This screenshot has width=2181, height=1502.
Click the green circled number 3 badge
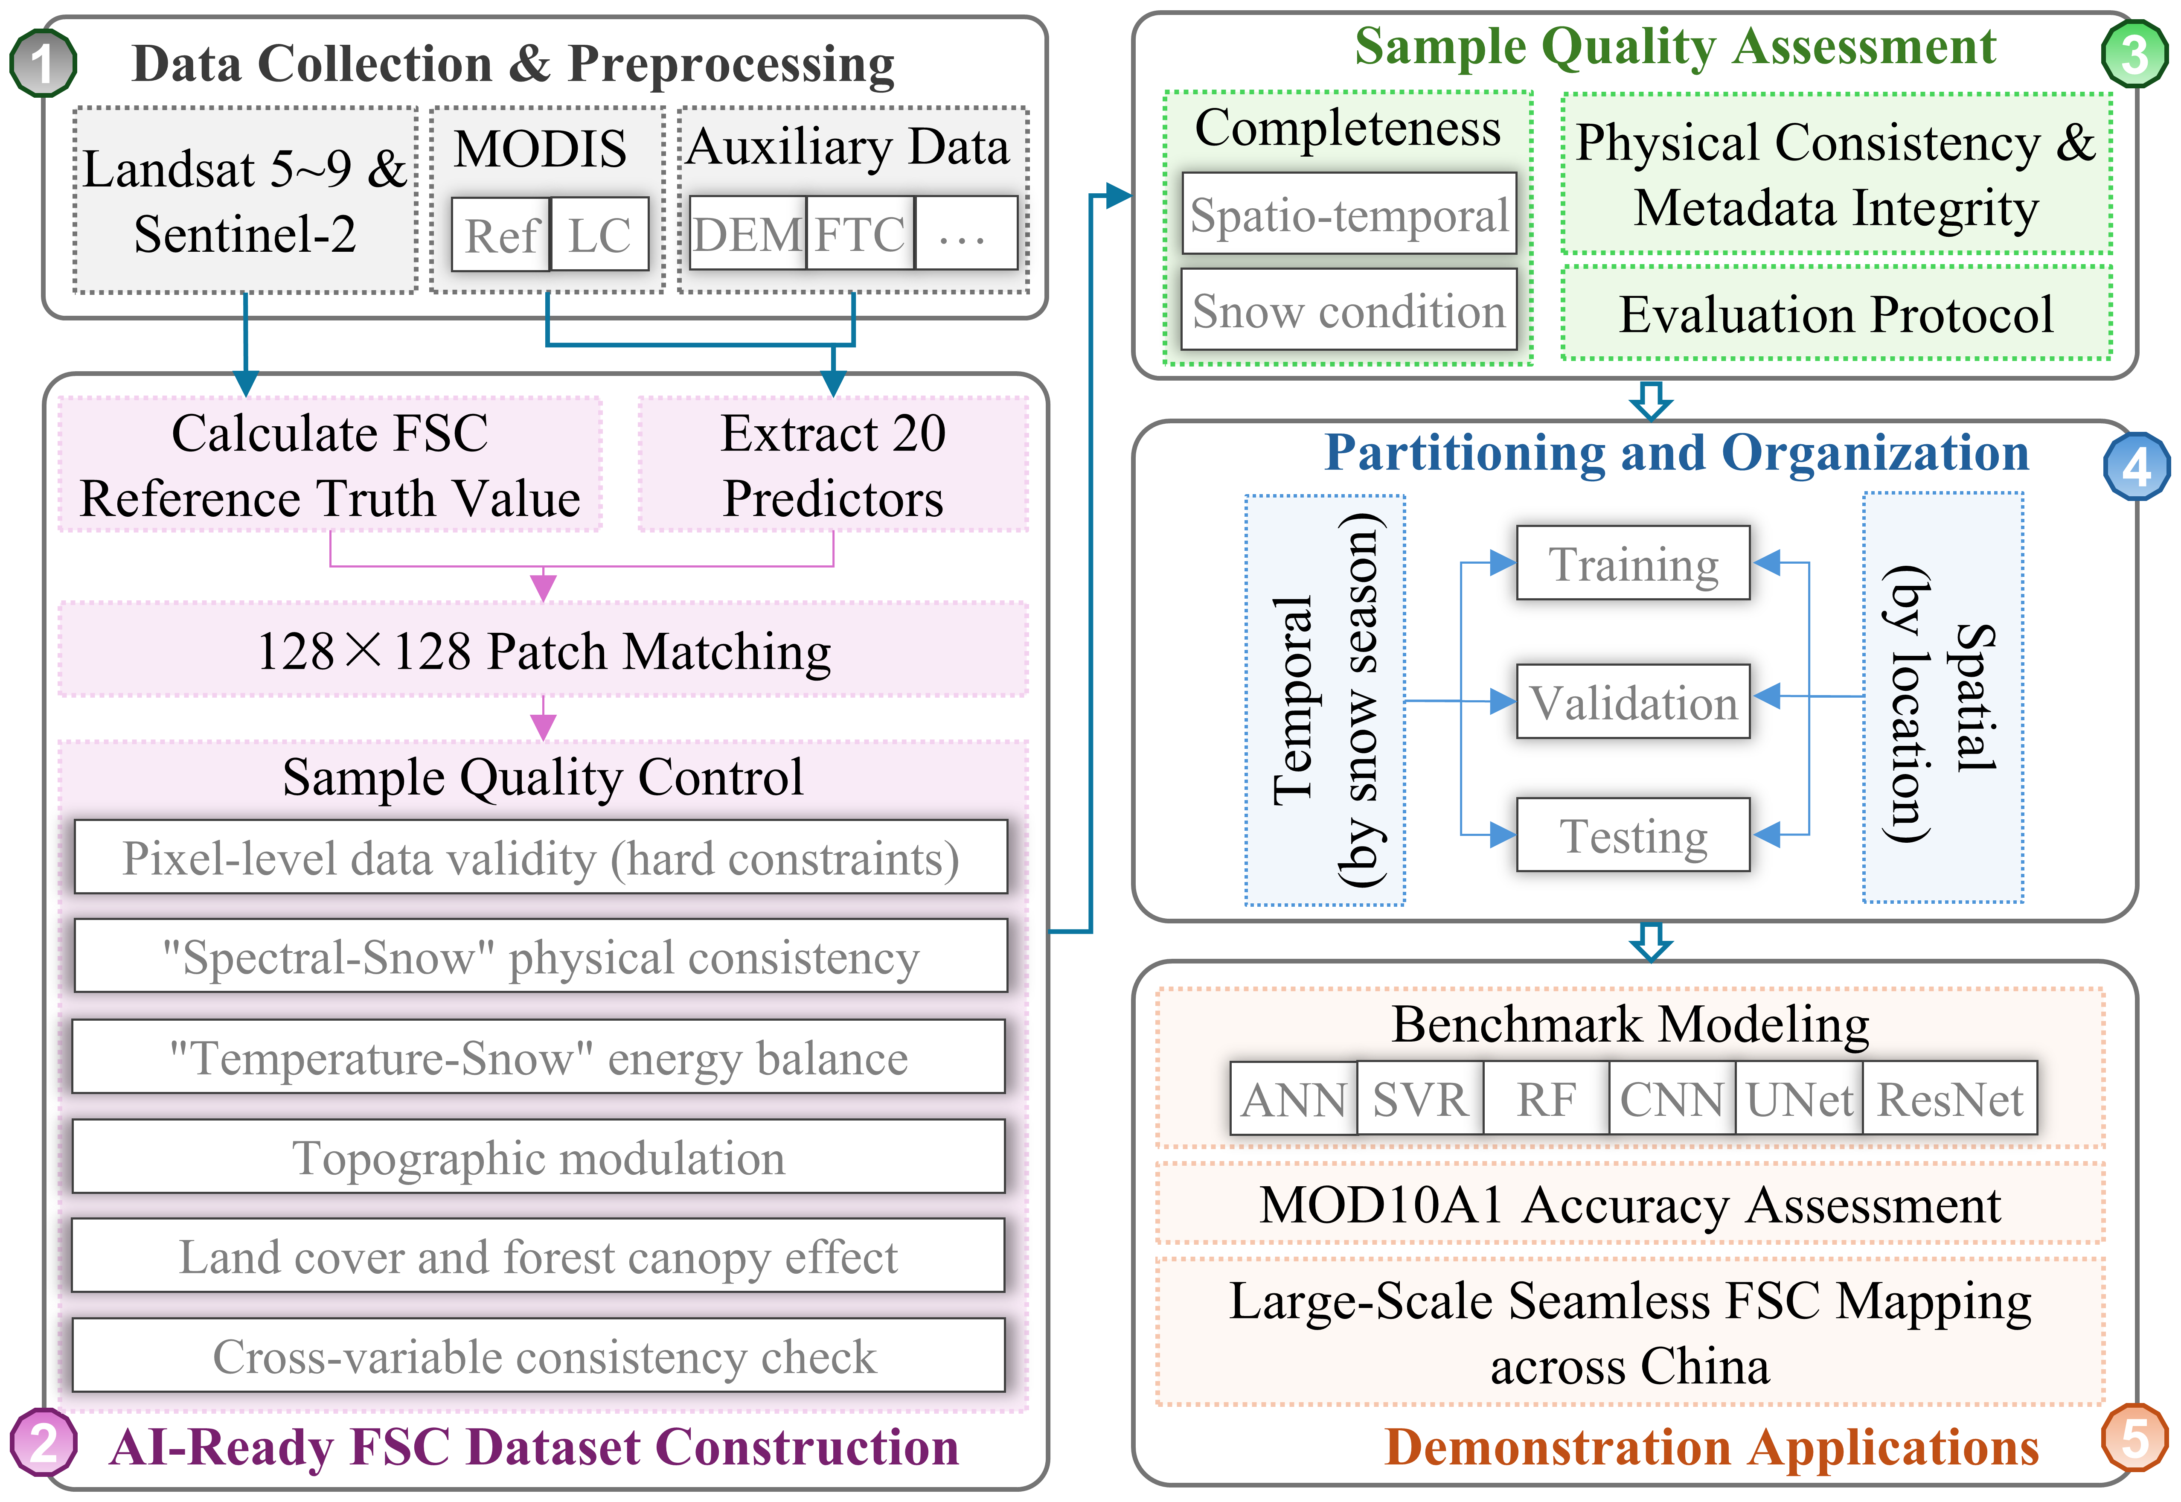[x=2134, y=54]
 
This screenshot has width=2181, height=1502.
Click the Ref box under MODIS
[x=500, y=234]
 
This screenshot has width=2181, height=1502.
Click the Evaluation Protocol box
[x=1836, y=313]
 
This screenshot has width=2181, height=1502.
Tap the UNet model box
[x=1798, y=1098]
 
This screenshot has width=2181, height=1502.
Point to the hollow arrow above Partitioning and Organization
[x=1650, y=400]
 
